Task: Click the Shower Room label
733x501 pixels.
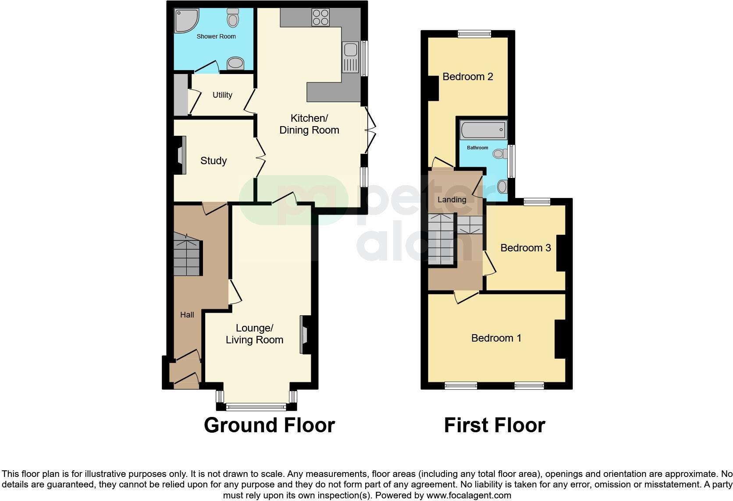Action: coord(216,36)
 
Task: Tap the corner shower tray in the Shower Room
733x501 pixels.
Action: coord(186,20)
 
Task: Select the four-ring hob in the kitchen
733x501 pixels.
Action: coord(320,17)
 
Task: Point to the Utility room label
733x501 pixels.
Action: coord(222,95)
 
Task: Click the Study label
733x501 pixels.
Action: coord(213,161)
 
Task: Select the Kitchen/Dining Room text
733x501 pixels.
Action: coord(309,124)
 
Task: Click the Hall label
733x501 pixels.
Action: coord(187,314)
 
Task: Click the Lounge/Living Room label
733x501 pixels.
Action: coord(254,334)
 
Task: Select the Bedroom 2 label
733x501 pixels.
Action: coord(468,77)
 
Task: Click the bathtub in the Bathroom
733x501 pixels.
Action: coord(483,130)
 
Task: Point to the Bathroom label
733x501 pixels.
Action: coord(477,148)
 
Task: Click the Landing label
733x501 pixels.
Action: coord(452,200)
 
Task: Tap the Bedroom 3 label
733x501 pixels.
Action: coord(525,248)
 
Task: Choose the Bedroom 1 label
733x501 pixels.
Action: coord(496,338)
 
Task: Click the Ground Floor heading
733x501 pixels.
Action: coord(269,425)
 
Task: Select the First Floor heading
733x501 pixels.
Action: coord(495,425)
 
